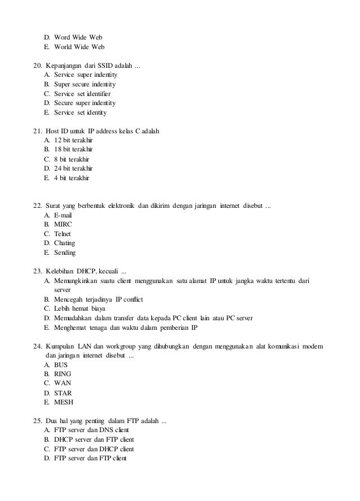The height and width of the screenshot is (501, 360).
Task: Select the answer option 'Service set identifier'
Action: click(82, 94)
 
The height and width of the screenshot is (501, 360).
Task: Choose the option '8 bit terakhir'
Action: click(72, 159)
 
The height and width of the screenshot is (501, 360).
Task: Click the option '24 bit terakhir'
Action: click(73, 168)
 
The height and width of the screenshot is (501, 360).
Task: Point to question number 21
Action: click(38, 132)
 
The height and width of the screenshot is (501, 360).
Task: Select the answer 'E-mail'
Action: click(63, 215)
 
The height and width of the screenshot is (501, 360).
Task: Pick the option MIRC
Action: click(63, 224)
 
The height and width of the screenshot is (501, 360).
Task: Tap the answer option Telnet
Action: click(63, 233)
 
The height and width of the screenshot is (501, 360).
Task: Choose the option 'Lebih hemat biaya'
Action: click(82, 308)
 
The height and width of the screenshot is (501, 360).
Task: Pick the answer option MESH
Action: click(64, 402)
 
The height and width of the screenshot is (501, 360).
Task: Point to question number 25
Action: click(38, 421)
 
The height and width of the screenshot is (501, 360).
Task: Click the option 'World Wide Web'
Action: click(79, 47)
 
